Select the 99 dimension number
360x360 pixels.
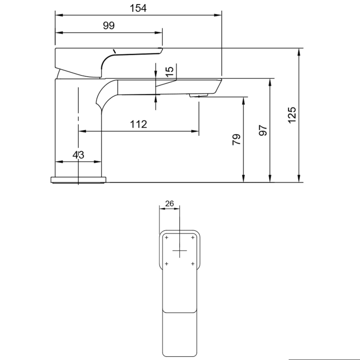(109, 26)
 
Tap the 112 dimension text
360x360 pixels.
(138, 124)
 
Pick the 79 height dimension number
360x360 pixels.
(237, 140)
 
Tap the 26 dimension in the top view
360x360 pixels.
(170, 203)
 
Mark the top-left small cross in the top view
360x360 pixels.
(167, 238)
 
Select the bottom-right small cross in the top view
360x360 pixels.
(193, 264)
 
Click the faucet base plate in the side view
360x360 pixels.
(78, 179)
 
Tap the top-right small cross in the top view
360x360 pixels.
(193, 238)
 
